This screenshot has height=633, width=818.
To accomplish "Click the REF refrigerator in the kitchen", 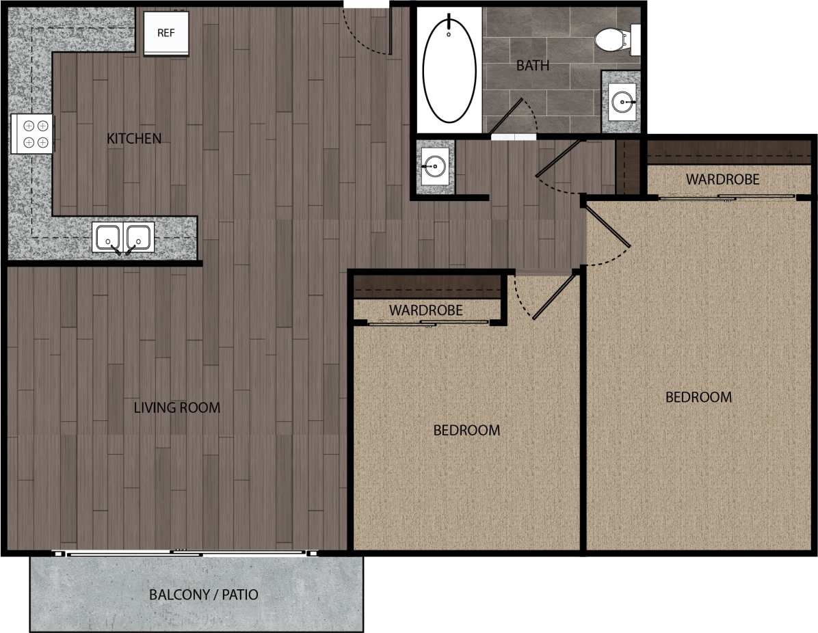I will pyautogui.click(x=166, y=32).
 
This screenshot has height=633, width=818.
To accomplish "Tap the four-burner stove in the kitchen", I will pyautogui.click(x=33, y=133).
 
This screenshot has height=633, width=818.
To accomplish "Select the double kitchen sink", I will pyautogui.click(x=124, y=237).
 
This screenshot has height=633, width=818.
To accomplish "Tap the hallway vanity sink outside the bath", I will pyautogui.click(x=434, y=165).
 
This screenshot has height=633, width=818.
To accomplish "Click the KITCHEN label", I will pyautogui.click(x=134, y=139).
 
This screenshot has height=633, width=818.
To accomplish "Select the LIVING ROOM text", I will pyautogui.click(x=176, y=408).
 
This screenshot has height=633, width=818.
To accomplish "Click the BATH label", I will pyautogui.click(x=533, y=66).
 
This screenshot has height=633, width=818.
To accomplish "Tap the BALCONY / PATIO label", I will pyautogui.click(x=204, y=595).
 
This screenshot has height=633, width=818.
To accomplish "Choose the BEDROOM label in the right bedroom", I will pyautogui.click(x=698, y=397).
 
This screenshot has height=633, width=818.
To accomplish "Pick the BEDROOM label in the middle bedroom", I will pyautogui.click(x=466, y=431).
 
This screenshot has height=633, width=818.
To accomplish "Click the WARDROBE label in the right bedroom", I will pyautogui.click(x=723, y=180).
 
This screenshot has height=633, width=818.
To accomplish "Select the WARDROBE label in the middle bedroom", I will pyautogui.click(x=425, y=310).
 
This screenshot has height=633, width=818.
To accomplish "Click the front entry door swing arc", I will pyautogui.click(x=367, y=34).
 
